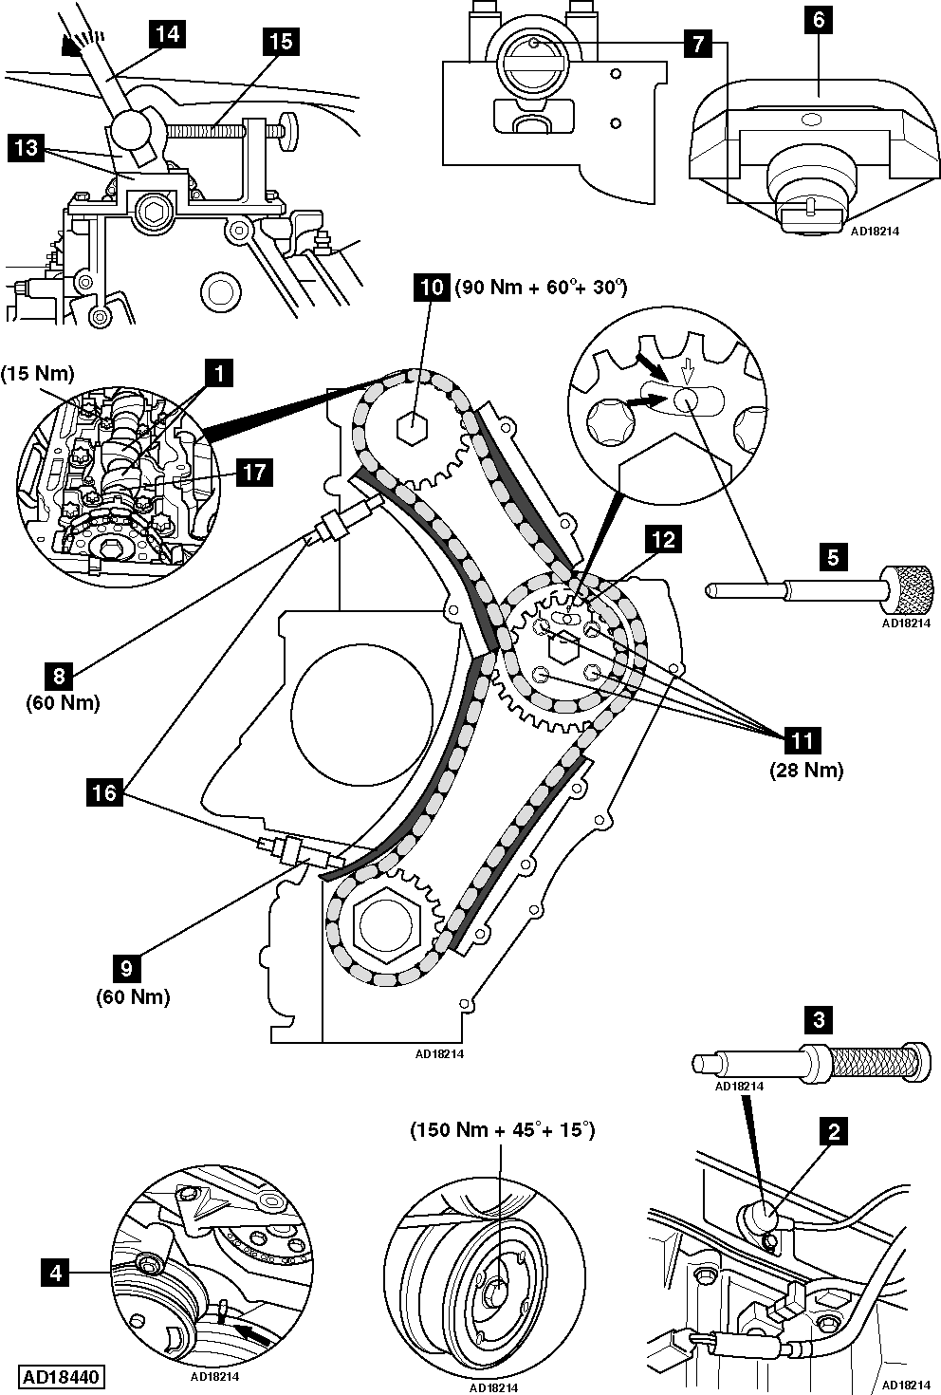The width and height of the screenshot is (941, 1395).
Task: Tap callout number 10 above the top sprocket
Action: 431,287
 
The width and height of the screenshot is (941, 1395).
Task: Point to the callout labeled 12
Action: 662,540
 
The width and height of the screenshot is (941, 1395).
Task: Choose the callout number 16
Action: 104,791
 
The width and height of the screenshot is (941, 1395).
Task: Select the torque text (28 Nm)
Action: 805,770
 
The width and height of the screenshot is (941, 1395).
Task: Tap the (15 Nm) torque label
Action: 38,374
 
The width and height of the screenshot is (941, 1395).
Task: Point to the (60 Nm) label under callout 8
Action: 63,703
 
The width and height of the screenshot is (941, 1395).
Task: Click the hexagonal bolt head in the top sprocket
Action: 411,430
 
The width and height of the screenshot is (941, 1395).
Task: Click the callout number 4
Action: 56,1273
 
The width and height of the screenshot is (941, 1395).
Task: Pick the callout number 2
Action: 834,1131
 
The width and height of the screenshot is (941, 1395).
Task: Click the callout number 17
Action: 255,472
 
